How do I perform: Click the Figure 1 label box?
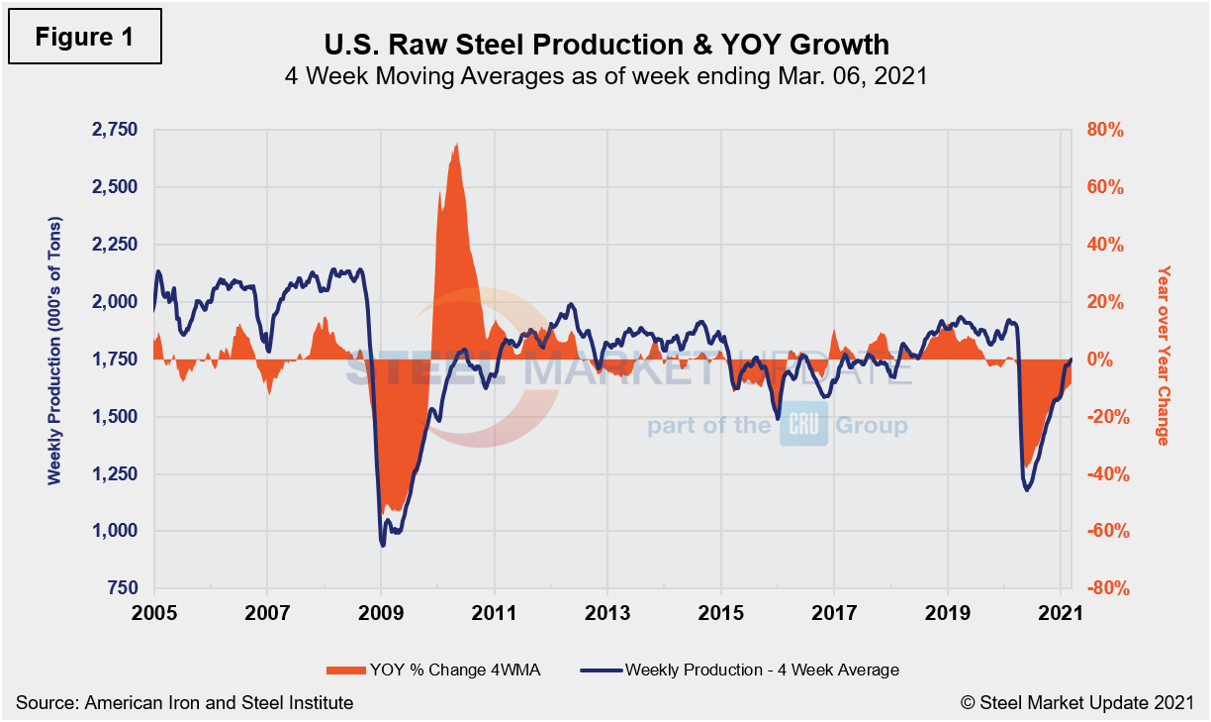tap(83, 37)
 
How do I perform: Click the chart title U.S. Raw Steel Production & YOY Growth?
tap(605, 45)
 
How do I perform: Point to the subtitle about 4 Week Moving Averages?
tap(605, 76)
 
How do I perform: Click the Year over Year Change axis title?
tap(1164, 355)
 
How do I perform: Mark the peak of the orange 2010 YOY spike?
tap(455, 145)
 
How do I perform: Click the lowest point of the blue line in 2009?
tap(383, 545)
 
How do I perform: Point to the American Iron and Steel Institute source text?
tap(185, 702)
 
